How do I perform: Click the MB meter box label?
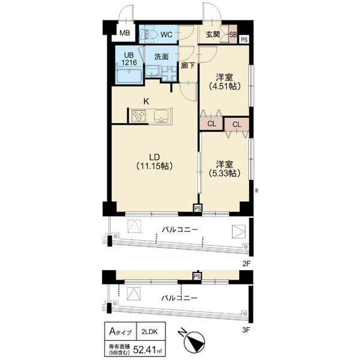tap(125, 33)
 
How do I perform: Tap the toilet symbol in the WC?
tap(149, 35)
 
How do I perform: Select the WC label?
tap(166, 35)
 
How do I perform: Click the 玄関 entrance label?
tap(212, 34)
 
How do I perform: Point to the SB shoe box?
tap(233, 34)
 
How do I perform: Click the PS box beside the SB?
tap(244, 40)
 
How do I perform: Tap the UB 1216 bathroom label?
tap(129, 59)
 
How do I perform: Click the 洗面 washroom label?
tap(161, 56)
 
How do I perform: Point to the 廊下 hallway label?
tap(188, 66)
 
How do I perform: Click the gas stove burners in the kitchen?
tap(139, 115)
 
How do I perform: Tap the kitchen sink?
tap(161, 116)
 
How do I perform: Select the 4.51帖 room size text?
tap(224, 86)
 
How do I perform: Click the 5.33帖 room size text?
tap(224, 173)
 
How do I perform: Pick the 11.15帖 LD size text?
tap(154, 166)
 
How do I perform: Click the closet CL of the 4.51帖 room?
tap(211, 124)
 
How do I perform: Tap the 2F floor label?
tap(247, 264)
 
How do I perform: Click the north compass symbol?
tap(194, 340)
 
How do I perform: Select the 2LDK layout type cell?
tap(149, 332)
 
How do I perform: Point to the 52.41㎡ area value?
tap(148, 350)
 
